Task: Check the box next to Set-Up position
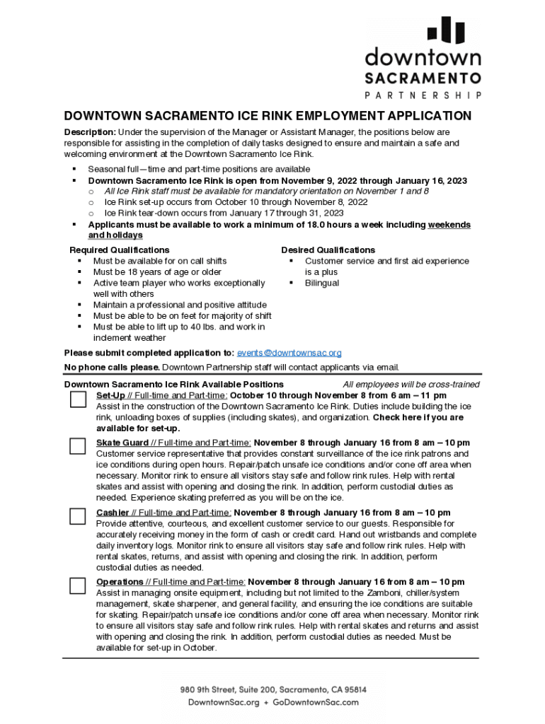[x=78, y=399]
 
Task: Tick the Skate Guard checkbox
[x=78, y=446]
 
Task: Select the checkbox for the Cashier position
[x=78, y=516]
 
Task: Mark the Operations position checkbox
[x=78, y=585]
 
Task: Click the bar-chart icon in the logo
[x=445, y=30]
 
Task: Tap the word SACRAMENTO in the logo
[x=423, y=78]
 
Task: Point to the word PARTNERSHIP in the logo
[x=423, y=95]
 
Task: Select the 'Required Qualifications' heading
[x=119, y=250]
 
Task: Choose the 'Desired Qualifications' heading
[x=328, y=250]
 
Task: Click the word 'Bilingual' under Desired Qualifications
[x=321, y=283]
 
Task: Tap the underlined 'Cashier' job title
[x=113, y=513]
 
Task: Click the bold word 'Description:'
[x=90, y=132]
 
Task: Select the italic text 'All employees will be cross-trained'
[x=411, y=385]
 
